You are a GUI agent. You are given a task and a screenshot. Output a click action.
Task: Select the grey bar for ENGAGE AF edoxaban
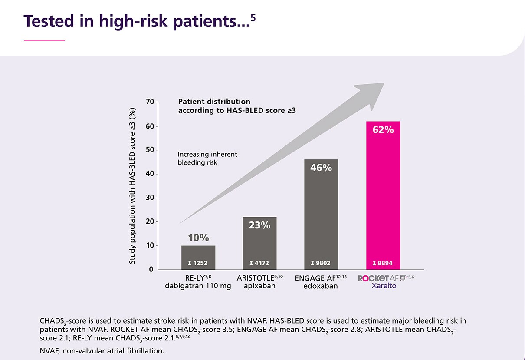click(x=321, y=217)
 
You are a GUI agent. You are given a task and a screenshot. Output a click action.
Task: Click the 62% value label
click(x=383, y=129)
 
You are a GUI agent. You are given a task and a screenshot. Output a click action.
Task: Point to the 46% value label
click(x=321, y=167)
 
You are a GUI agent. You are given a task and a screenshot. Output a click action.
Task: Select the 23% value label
click(x=259, y=225)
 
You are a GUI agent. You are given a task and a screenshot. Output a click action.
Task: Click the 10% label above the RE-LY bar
click(x=198, y=238)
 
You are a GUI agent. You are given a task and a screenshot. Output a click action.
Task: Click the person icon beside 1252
click(x=190, y=263)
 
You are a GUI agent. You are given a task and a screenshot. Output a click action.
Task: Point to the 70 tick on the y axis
click(x=150, y=102)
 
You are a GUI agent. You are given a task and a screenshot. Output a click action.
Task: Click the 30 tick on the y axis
click(x=150, y=198)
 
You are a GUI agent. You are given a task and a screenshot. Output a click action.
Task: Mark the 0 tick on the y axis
click(x=151, y=269)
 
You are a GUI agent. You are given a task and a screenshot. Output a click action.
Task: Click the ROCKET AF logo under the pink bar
click(x=382, y=278)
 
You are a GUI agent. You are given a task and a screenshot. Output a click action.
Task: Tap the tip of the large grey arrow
click(x=383, y=84)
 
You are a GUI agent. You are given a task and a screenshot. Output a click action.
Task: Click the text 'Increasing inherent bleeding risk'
click(x=207, y=159)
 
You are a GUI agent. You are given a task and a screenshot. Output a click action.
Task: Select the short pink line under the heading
click(x=44, y=40)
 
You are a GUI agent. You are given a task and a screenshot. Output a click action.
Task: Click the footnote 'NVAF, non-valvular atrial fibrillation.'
click(x=102, y=350)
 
